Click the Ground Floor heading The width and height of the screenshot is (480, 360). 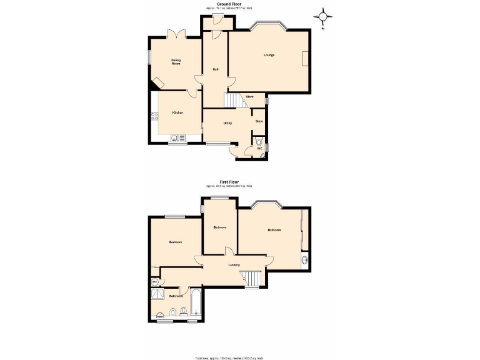point(229,4)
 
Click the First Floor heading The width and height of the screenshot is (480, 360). point(229,182)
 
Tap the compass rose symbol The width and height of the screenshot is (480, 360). point(323,17)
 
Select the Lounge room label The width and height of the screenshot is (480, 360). point(269,55)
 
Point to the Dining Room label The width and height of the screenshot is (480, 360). point(176,62)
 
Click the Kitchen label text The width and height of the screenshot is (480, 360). point(177,112)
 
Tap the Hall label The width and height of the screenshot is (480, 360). point(215,69)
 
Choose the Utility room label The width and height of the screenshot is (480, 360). point(227,123)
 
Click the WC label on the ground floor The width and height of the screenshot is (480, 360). point(259,149)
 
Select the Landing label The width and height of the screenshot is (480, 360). point(234,265)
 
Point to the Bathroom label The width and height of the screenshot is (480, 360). point(176,296)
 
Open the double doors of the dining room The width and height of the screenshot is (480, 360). point(176,34)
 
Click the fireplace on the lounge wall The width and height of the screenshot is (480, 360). point(304,59)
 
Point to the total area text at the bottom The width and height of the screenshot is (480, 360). point(229,357)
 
